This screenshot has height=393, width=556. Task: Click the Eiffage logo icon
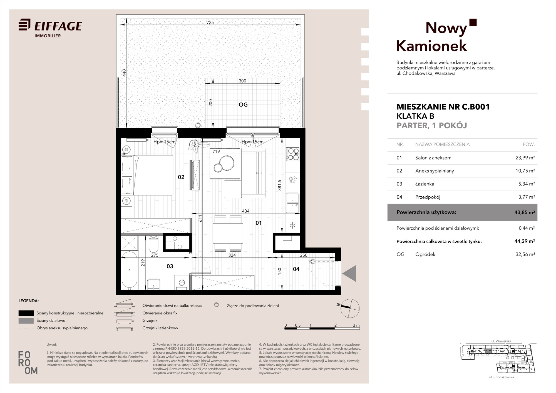click(x=24, y=24)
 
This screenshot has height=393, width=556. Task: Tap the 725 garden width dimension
click(x=210, y=22)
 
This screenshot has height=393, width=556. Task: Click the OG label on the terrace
click(x=243, y=104)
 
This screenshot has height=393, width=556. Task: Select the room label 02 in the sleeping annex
click(x=181, y=177)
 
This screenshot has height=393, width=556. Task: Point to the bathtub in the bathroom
click(x=129, y=270)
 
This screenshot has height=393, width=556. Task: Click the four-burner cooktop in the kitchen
click(x=293, y=154)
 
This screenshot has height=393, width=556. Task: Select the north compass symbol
click(x=350, y=308)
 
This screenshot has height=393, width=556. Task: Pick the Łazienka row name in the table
click(x=425, y=184)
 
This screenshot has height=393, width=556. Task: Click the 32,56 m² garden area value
click(x=525, y=254)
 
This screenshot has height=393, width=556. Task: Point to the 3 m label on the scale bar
click(x=356, y=325)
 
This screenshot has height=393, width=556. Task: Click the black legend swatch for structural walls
click(x=26, y=313)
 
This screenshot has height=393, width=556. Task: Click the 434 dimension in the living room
click(x=246, y=211)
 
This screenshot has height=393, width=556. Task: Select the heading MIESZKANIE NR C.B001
click(x=443, y=107)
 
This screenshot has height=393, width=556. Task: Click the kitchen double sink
click(x=293, y=203)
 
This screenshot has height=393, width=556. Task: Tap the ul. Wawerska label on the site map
click(x=501, y=341)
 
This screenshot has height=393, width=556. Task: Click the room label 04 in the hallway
click(x=296, y=269)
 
